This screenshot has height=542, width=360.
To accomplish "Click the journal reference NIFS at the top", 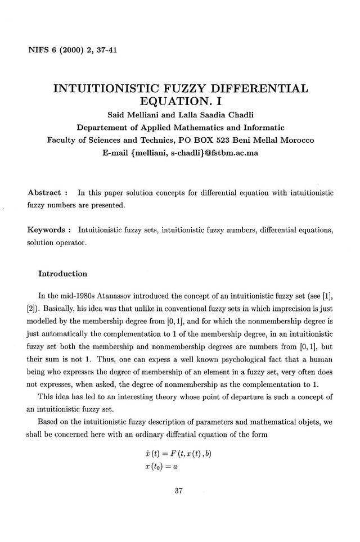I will [38, 51].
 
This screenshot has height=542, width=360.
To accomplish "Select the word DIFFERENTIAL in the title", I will [260, 89].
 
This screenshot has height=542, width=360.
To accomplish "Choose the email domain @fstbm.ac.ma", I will [227, 152].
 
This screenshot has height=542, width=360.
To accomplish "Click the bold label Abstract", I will [44, 193].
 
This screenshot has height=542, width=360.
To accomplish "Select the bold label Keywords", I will [47, 229].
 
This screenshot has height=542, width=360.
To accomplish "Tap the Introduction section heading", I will [62, 274].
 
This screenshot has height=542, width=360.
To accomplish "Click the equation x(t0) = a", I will [163, 468].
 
